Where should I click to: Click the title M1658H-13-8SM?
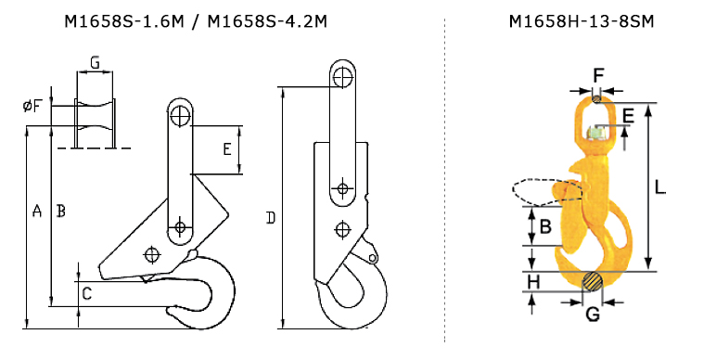tap(582, 21)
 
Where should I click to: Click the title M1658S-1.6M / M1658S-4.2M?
tap(196, 21)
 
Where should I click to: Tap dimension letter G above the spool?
tap(95, 62)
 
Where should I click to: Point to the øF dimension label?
tap(32, 106)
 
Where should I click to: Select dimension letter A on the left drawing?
tap(37, 211)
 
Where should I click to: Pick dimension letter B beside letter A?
tap(60, 211)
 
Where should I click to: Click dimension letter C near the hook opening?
tap(87, 294)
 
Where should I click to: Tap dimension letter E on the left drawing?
tap(227, 149)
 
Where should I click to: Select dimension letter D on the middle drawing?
tap(271, 218)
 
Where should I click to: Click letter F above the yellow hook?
tap(598, 75)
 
